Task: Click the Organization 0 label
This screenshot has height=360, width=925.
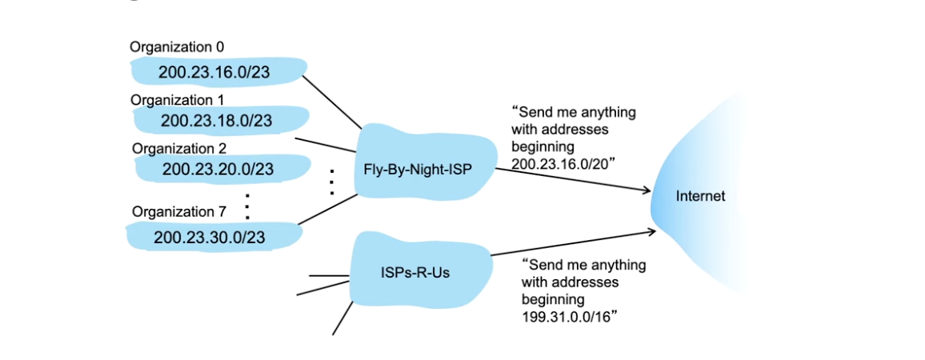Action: [171, 47]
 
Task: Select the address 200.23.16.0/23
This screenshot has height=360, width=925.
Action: [214, 73]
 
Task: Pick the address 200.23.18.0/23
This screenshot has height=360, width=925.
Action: [216, 121]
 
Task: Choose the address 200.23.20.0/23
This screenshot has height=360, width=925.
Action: [218, 169]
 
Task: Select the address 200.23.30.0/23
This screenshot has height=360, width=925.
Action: [210, 237]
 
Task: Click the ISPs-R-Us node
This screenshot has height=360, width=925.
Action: [414, 272]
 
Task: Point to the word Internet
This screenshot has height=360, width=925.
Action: [700, 196]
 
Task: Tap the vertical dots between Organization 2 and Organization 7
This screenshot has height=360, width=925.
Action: [247, 205]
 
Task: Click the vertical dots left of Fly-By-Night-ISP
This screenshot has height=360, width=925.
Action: [330, 183]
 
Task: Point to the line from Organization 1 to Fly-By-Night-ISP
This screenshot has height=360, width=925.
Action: [326, 145]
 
